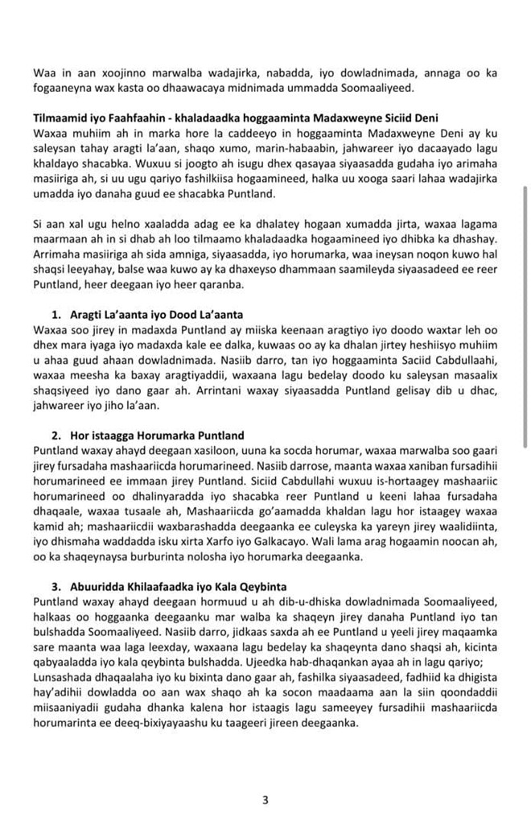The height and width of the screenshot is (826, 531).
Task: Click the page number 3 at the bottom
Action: [x=265, y=799]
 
